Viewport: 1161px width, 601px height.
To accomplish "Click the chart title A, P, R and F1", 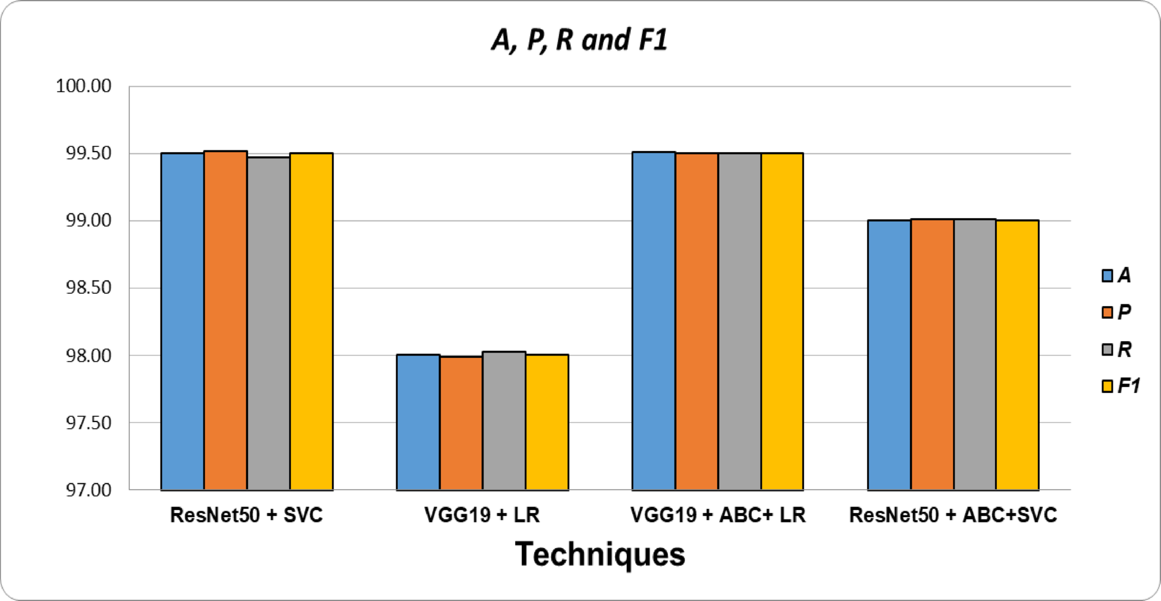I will point(579,40).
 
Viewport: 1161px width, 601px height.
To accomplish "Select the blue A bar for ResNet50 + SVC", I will point(183,321).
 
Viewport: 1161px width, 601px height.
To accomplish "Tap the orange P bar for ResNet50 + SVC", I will point(225,321).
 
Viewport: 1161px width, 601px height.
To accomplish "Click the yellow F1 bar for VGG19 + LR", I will point(547,422).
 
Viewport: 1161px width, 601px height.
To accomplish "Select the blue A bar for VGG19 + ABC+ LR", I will point(654,321).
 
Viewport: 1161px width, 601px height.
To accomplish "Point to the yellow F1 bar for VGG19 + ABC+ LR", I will point(782,321).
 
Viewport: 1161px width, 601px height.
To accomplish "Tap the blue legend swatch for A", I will point(1107,276).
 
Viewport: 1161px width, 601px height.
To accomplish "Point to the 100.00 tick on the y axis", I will point(84,86).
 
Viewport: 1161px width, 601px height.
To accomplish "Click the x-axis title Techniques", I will point(600,554).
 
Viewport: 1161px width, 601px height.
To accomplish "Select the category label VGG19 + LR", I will point(482,515).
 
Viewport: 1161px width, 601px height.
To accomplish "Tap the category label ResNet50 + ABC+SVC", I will point(953,515).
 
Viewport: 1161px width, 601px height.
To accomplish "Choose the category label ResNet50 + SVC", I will point(246,515).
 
